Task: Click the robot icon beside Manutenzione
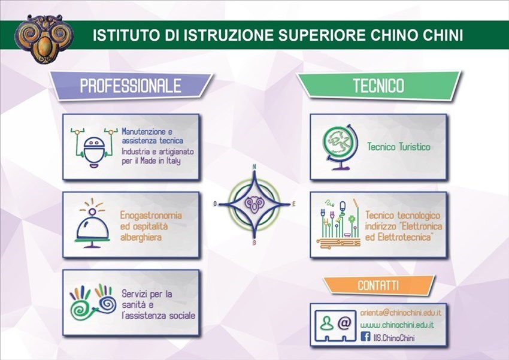click(93, 146)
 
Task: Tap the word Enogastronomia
click(151, 215)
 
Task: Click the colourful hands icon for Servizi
click(92, 301)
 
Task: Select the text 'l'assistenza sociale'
click(158, 315)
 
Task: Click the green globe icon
click(338, 146)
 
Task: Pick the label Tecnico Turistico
click(398, 146)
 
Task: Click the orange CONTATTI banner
click(378, 285)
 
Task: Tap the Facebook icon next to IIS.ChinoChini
click(365, 338)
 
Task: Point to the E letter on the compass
click(294, 204)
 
